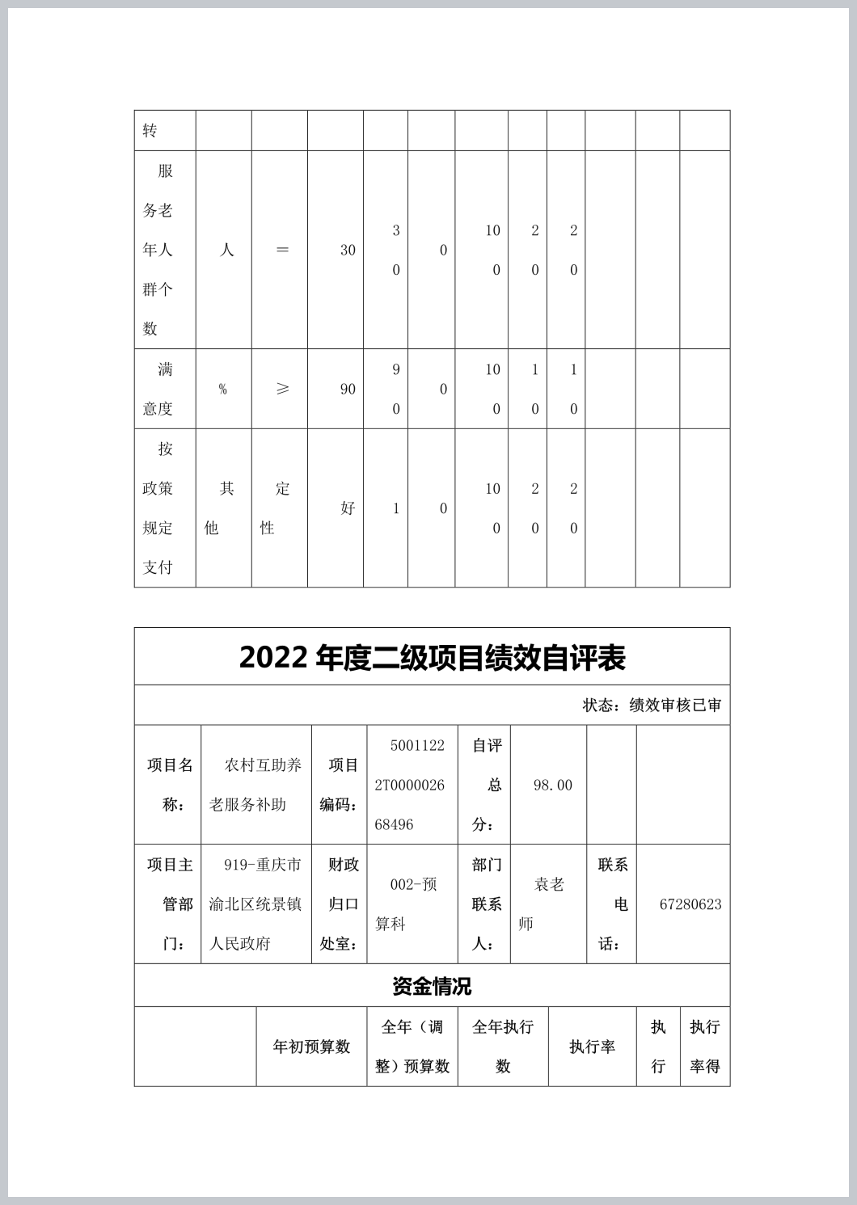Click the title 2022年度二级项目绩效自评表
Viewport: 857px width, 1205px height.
pyautogui.click(x=432, y=658)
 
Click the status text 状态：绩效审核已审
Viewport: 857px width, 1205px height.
pyautogui.click(x=652, y=706)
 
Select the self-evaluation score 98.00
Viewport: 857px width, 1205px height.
pyautogui.click(x=552, y=786)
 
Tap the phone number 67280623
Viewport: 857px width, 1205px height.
pyautogui.click(x=690, y=904)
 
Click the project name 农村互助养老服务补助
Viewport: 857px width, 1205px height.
pyautogui.click(x=255, y=785)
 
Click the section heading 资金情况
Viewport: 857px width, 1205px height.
pyautogui.click(x=432, y=986)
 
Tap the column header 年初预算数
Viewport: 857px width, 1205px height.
pyautogui.click(x=311, y=1047)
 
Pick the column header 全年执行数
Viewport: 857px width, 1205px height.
pyautogui.click(x=502, y=1047)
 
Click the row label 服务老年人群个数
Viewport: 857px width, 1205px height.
pyautogui.click(x=158, y=250)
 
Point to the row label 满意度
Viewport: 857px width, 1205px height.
pyautogui.click(x=158, y=389)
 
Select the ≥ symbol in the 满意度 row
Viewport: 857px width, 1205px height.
pyautogui.click(x=282, y=389)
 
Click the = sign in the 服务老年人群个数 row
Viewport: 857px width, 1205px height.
pyautogui.click(x=282, y=251)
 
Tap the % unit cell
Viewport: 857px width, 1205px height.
pyautogui.click(x=222, y=390)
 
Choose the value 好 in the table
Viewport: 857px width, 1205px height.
pyautogui.click(x=348, y=508)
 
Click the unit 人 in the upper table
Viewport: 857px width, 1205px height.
pyautogui.click(x=226, y=251)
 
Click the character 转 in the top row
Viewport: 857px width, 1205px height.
pyautogui.click(x=150, y=131)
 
